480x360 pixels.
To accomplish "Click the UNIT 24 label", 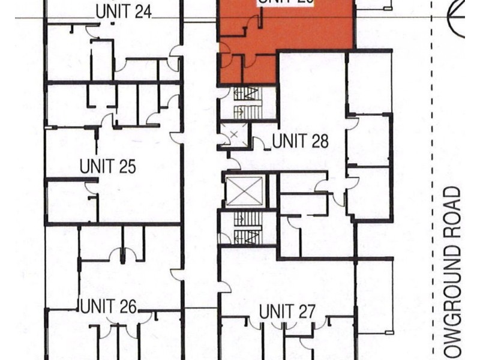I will pyautogui.click(x=123, y=11).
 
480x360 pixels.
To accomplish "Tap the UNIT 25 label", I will pyautogui.click(x=108, y=166).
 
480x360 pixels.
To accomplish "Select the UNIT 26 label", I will pyautogui.click(x=108, y=306).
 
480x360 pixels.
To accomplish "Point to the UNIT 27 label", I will pyautogui.click(x=287, y=311).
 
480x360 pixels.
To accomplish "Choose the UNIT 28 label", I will pyautogui.click(x=300, y=142).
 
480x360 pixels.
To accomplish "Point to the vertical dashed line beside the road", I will pyautogui.click(x=433, y=180).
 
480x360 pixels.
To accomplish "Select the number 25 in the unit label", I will pyautogui.click(x=126, y=166).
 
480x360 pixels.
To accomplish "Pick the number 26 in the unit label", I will pyautogui.click(x=126, y=306).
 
